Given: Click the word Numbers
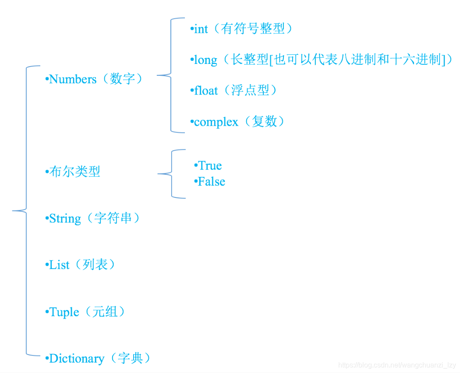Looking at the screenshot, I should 73,79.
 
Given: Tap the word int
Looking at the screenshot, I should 201,29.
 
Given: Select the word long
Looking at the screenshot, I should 205,60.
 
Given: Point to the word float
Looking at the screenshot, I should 206,91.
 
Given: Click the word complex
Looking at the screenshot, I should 216,122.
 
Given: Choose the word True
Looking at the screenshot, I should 210,165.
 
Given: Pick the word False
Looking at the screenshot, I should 211,182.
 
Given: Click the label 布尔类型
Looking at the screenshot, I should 75,172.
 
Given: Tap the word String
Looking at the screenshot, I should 65,218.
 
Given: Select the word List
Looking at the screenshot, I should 60,265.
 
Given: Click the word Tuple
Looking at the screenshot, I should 64,312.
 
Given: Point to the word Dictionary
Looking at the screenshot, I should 77,359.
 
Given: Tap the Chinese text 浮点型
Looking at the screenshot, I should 250,91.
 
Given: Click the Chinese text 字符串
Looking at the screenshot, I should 113,218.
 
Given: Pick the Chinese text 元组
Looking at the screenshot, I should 105,312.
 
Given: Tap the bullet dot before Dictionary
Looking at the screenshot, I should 47,359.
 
